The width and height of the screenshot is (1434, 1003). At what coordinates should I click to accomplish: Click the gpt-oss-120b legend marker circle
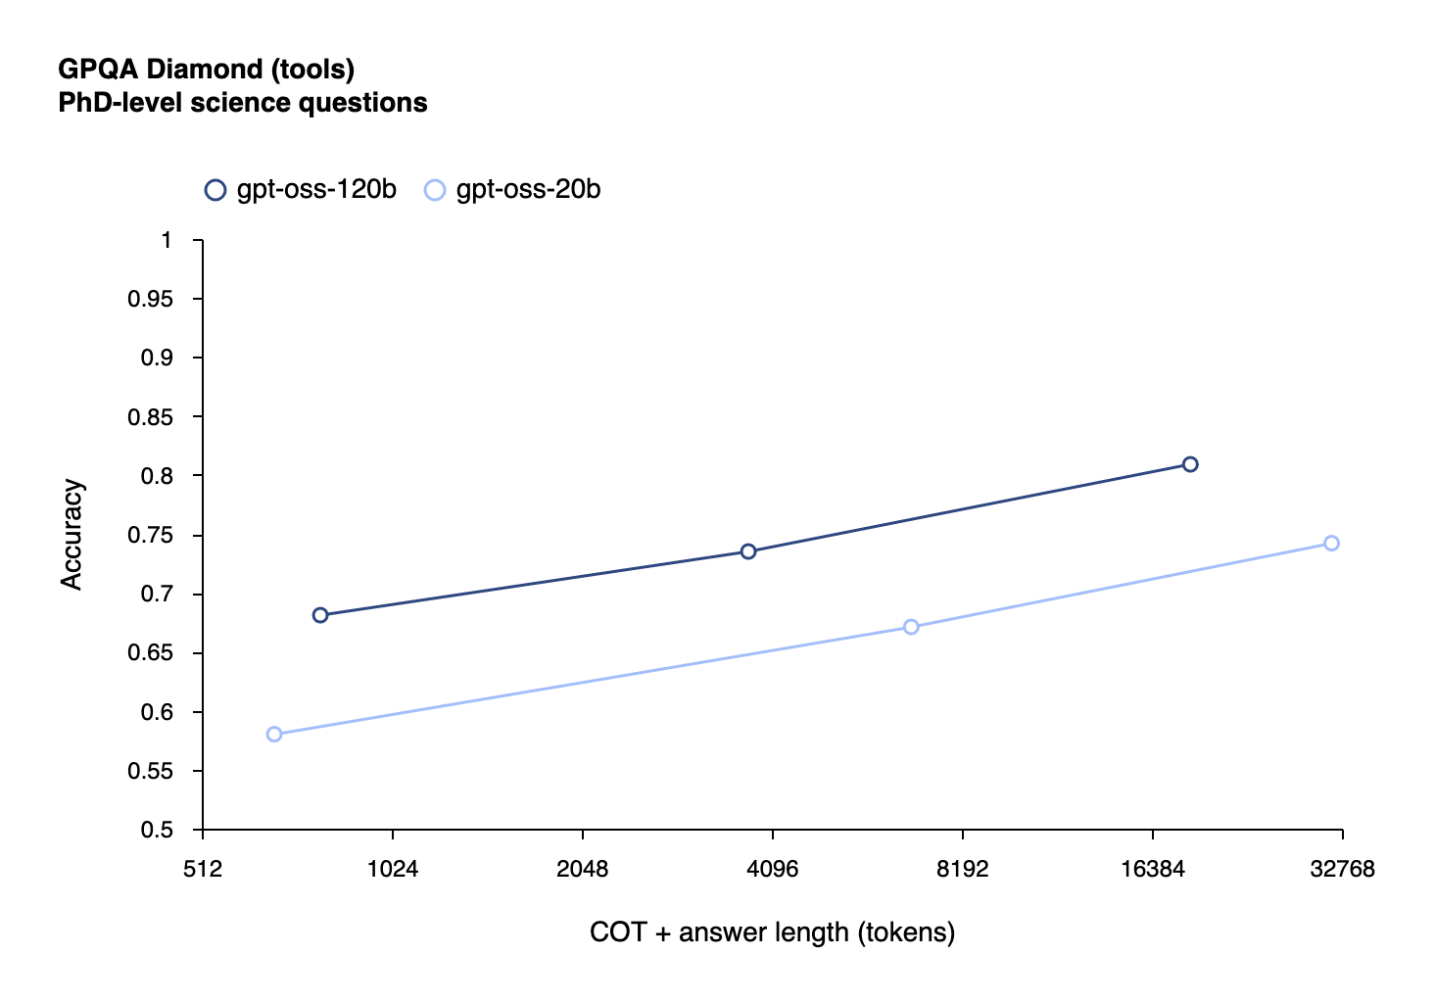[x=215, y=190]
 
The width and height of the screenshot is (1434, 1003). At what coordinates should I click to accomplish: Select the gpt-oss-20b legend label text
[x=528, y=190]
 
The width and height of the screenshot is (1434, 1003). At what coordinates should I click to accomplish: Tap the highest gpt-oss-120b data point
[x=1190, y=464]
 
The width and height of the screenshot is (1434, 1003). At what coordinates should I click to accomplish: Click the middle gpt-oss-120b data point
[x=748, y=551]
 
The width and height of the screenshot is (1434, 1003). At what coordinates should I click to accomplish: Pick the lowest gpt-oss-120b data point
[x=320, y=615]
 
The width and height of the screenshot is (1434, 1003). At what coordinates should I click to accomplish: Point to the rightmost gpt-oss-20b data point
[x=1331, y=544]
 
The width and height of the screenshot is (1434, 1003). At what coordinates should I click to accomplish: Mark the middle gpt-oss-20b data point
[x=911, y=627]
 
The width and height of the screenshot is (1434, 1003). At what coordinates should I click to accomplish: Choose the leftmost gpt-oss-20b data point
[x=274, y=735]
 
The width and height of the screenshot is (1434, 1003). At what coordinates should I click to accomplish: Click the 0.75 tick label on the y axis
[x=150, y=536]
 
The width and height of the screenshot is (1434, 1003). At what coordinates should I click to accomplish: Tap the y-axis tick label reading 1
[x=167, y=241]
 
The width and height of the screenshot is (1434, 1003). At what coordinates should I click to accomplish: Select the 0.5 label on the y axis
[x=156, y=831]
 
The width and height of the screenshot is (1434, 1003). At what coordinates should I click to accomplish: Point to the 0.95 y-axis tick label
[x=150, y=300]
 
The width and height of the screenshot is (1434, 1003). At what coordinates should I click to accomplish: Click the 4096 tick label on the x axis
[x=773, y=870]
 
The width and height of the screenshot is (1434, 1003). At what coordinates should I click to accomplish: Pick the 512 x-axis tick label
[x=203, y=870]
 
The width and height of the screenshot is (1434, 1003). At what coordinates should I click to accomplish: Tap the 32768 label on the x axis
[x=1342, y=870]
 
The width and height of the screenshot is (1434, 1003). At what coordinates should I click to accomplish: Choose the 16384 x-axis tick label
[x=1153, y=870]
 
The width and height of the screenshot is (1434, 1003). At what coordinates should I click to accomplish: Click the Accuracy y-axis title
[x=72, y=535]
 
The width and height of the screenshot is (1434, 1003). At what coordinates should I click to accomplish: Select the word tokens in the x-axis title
[x=906, y=932]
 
